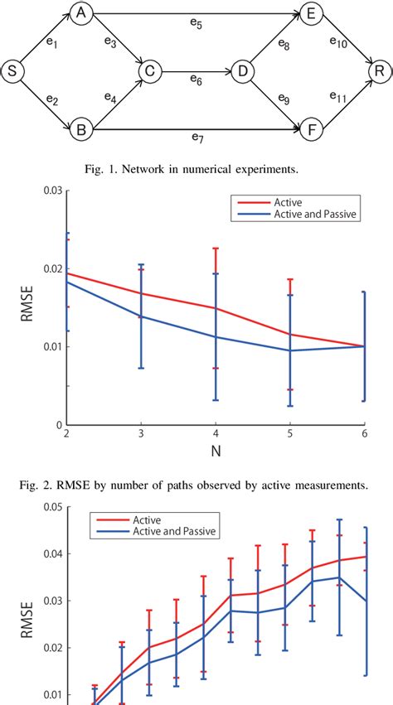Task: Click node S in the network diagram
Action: click(x=12, y=72)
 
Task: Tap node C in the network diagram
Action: click(x=149, y=72)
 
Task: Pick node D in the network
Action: click(x=244, y=72)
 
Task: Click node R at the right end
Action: click(x=380, y=72)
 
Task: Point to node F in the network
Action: click(x=312, y=130)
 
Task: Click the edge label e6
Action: click(x=196, y=80)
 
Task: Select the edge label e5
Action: click(x=196, y=24)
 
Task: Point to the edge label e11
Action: click(x=337, y=99)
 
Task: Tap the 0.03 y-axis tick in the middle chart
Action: click(x=52, y=191)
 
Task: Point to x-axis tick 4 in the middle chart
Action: click(x=215, y=434)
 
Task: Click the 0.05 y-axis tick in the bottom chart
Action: click(x=52, y=507)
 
